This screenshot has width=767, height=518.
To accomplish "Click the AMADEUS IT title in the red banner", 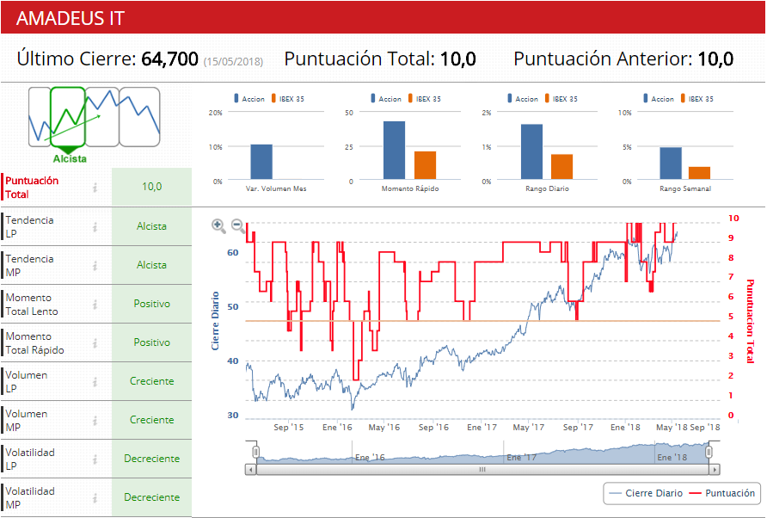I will [71, 18].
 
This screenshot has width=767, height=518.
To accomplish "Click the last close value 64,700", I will [169, 59].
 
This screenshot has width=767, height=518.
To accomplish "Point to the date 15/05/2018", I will [233, 61].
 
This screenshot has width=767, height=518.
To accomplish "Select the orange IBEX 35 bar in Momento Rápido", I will [425, 164].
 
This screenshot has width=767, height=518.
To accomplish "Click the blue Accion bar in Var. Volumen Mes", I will [261, 162].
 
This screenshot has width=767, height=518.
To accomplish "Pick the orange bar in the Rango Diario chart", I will [561, 166].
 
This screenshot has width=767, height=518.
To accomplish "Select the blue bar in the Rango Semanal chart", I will [670, 163].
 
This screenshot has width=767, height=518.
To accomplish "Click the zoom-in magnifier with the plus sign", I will [218, 226].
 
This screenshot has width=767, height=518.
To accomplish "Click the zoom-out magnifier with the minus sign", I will [238, 226].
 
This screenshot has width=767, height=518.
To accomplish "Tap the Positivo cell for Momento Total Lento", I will [151, 304].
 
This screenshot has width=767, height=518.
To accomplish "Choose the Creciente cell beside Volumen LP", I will [151, 381].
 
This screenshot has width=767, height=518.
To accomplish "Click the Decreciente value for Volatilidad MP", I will [151, 497].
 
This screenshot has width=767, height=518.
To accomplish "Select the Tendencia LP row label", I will [29, 226].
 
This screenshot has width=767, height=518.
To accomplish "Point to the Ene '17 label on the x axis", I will [482, 427].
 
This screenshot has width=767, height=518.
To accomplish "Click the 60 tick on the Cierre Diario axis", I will [233, 253].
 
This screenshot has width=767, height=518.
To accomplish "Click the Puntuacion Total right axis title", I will [750, 321].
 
